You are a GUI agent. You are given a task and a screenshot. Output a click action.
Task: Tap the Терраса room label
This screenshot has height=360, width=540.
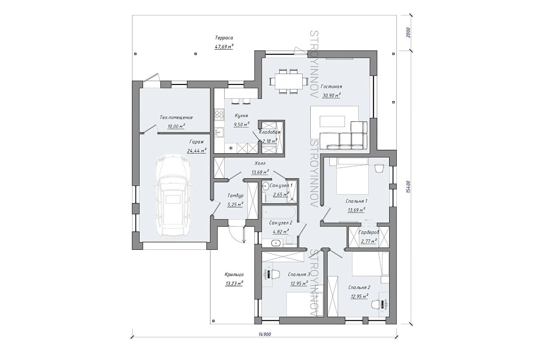tap(224, 38)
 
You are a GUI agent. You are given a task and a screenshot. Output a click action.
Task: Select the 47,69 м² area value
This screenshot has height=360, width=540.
tap(224, 46)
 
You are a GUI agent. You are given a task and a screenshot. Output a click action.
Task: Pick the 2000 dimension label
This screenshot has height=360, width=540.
tap(408, 32)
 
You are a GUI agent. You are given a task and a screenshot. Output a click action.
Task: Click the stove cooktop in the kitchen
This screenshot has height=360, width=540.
tap(219, 115)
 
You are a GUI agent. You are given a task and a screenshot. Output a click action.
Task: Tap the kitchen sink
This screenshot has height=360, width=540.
tap(219, 132)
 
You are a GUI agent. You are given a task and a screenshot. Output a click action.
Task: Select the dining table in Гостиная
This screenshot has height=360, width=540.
tap(286, 81)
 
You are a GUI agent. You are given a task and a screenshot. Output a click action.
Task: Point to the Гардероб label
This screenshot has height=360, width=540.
tap(369, 233)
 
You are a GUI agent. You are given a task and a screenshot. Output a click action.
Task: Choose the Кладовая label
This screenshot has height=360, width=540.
tap(270, 132)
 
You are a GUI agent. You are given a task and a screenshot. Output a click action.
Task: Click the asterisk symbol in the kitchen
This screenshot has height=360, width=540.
tap(231, 148)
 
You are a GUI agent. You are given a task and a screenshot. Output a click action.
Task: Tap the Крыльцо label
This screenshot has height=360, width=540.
tap(234, 274)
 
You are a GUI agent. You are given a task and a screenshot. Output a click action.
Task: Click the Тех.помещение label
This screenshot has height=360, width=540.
tap(176, 117)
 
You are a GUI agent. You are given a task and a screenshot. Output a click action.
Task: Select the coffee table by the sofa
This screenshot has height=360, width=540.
tap(332, 121)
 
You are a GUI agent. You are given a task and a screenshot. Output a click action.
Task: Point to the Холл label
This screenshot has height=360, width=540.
tap(260, 163)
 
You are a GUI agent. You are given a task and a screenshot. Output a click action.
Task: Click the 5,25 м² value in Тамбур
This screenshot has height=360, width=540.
tap(235, 205)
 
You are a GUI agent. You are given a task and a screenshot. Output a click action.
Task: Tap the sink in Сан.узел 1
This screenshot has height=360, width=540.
tap(265, 186)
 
